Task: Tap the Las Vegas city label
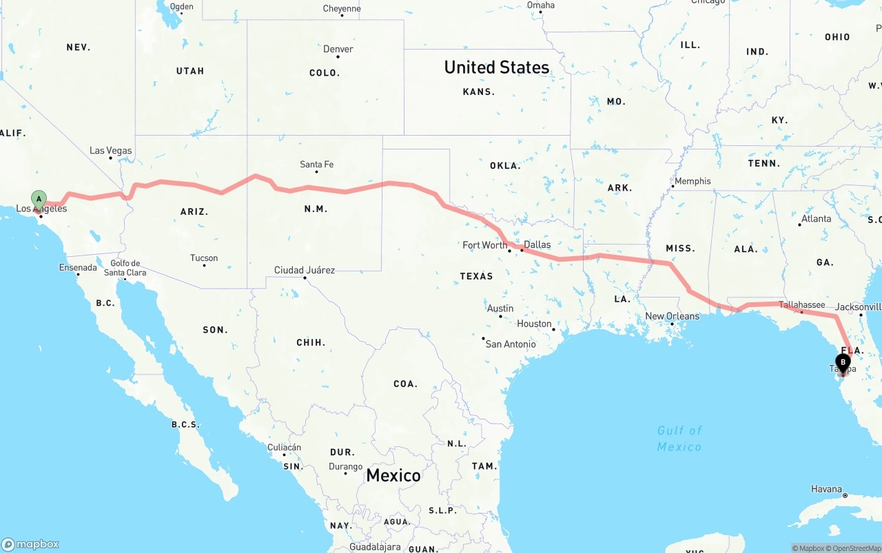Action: pyautogui.click(x=110, y=151)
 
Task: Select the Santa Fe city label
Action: pyautogui.click(x=316, y=165)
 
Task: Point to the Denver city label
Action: pyautogui.click(x=338, y=50)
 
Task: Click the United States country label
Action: pyautogui.click(x=496, y=67)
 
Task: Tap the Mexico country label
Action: pyautogui.click(x=393, y=475)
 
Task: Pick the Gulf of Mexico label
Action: pyautogui.click(x=679, y=439)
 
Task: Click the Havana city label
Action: pyautogui.click(x=826, y=489)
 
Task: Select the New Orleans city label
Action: pyautogui.click(x=672, y=317)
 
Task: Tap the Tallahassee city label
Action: pyautogui.click(x=801, y=305)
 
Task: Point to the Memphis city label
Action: pyautogui.click(x=693, y=181)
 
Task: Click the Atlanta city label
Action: pyautogui.click(x=816, y=219)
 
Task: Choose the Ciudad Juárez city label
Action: pyautogui.click(x=304, y=270)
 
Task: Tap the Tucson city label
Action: pyautogui.click(x=204, y=258)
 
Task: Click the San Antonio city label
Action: pyautogui.click(x=510, y=344)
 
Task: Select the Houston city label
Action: pyautogui.click(x=534, y=324)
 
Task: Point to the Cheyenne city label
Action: pyautogui.click(x=341, y=9)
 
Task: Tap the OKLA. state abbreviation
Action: pyautogui.click(x=505, y=166)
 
